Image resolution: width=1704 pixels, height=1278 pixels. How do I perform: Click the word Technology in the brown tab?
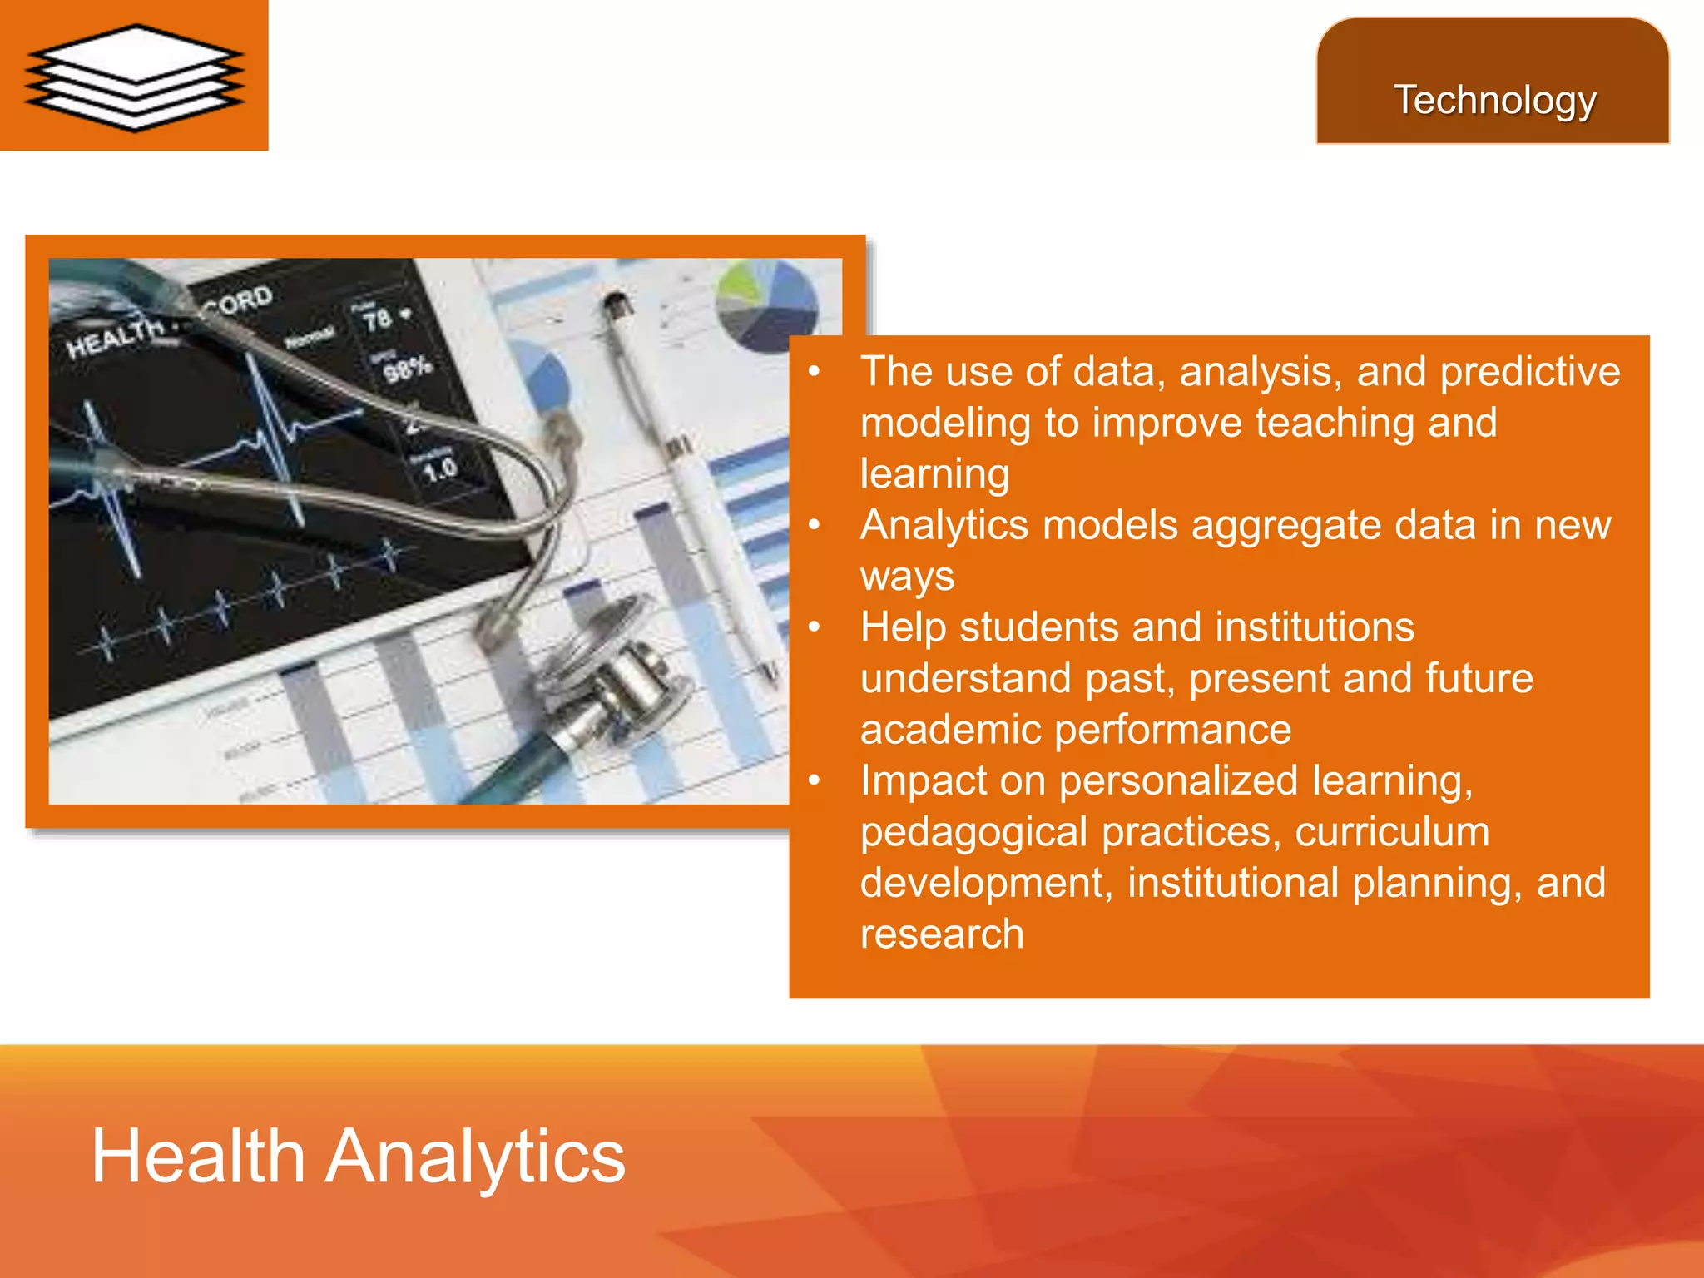[1494, 101]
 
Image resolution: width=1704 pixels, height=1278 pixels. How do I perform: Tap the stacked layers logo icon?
[135, 77]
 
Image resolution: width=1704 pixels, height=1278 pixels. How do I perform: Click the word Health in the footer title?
[198, 1156]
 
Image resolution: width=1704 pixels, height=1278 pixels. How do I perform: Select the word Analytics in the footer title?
[475, 1156]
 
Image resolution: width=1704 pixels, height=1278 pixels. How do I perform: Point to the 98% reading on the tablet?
[408, 367]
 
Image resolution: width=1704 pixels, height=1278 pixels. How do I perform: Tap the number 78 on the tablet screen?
[377, 319]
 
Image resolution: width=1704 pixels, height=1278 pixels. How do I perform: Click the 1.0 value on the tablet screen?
[439, 470]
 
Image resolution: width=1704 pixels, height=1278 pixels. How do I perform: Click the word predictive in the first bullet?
[1529, 372]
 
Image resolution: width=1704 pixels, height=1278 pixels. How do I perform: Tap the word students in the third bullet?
[1021, 627]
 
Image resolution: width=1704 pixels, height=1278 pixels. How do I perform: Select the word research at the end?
[941, 934]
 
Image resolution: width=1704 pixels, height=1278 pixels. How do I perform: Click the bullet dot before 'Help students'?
[815, 627]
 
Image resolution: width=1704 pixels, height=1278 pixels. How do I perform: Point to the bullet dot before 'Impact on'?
[815, 780]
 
